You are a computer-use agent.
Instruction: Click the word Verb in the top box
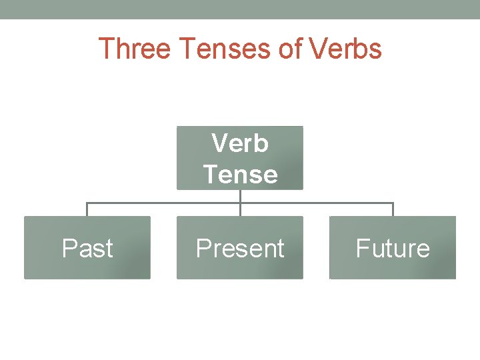pyautogui.click(x=240, y=143)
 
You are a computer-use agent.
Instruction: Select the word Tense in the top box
pyautogui.click(x=240, y=174)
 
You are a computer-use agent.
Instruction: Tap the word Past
pyautogui.click(x=87, y=248)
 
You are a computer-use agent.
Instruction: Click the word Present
pyautogui.click(x=240, y=248)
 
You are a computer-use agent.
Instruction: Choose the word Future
pyautogui.click(x=393, y=248)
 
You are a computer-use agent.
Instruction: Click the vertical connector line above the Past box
pyautogui.click(x=87, y=209)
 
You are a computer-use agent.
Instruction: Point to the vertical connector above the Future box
pyautogui.click(x=393, y=209)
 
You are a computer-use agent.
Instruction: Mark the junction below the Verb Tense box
pyautogui.click(x=240, y=203)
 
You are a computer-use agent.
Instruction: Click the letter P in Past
pyautogui.click(x=68, y=248)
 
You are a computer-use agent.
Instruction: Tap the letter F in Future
pyautogui.click(x=362, y=248)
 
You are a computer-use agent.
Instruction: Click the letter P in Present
pyautogui.click(x=203, y=248)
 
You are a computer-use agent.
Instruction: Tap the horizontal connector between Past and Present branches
pyautogui.click(x=163, y=203)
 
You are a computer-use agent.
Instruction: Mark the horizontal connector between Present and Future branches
pyautogui.click(x=317, y=203)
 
